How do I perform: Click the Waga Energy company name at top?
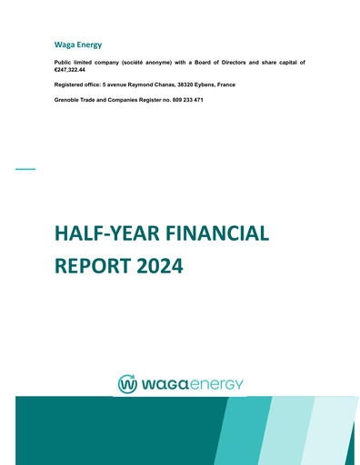pyautogui.click(x=78, y=45)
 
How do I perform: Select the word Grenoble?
pyautogui.click(x=70, y=99)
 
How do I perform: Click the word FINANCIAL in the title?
pyautogui.click(x=217, y=233)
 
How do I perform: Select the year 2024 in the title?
pyautogui.click(x=159, y=266)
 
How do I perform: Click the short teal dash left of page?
pyautogui.click(x=25, y=169)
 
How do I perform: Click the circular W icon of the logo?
pyautogui.click(x=127, y=384)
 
